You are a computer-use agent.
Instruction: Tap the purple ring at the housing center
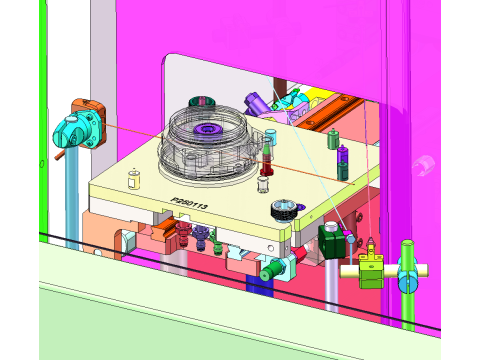tap(210, 130)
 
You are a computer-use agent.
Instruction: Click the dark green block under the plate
tap(330, 243)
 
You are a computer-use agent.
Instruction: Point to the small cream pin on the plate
tap(134, 178)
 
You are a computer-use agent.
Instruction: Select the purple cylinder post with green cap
tap(344, 157)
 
